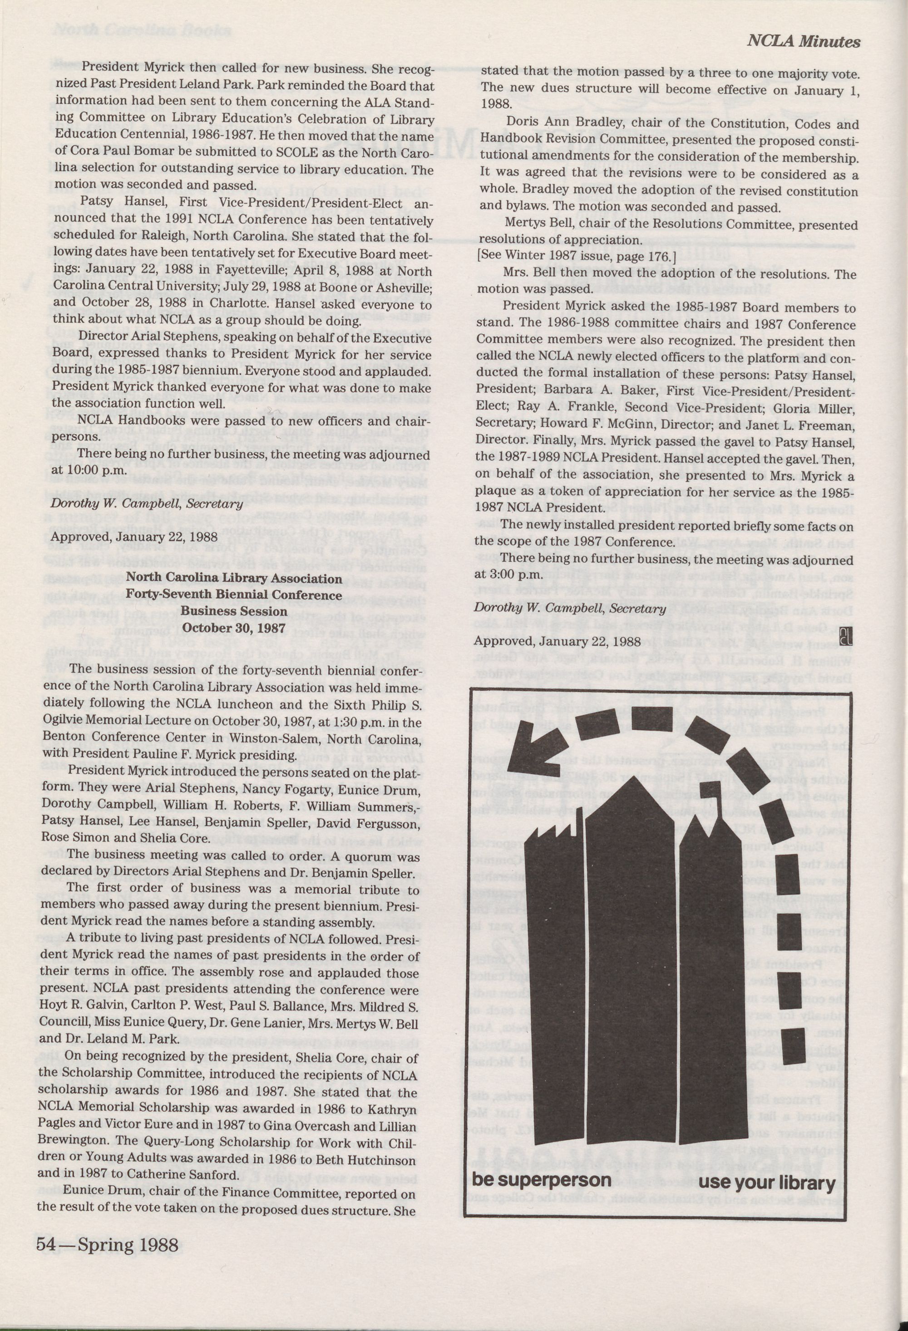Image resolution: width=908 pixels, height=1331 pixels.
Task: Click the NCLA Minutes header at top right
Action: [x=803, y=42]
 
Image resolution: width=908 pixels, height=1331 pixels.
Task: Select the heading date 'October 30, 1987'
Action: [x=234, y=627]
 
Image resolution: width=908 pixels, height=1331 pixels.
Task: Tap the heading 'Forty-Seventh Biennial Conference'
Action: [x=234, y=594]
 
